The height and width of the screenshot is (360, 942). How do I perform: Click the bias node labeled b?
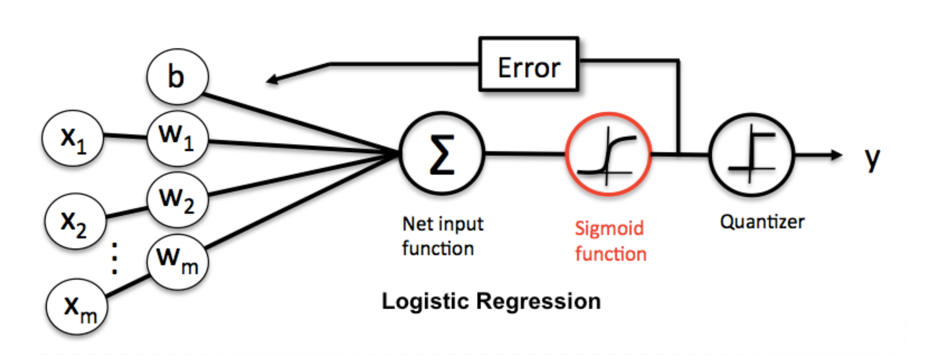(177, 77)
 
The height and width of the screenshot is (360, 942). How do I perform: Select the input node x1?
(72, 138)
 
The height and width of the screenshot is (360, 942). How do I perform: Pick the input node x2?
(75, 222)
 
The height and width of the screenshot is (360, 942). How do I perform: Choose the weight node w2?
(177, 200)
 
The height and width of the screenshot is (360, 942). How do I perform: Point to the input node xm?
(77, 307)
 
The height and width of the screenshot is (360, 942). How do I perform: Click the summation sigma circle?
(442, 154)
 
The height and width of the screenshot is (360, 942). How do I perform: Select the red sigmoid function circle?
(608, 154)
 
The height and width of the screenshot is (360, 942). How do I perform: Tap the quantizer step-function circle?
(752, 155)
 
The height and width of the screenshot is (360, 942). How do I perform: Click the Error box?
(529, 64)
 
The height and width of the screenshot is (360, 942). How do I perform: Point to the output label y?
(872, 158)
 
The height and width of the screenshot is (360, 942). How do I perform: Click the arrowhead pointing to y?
(836, 155)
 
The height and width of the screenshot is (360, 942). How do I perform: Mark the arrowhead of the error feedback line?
(272, 80)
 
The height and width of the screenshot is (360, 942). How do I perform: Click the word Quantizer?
(762, 222)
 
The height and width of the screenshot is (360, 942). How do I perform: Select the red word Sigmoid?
(609, 229)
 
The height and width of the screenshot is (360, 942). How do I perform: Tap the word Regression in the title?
(538, 301)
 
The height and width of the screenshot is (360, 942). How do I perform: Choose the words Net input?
(442, 224)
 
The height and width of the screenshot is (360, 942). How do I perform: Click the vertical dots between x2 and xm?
(114, 259)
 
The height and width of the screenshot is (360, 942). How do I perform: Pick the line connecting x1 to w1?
(125, 137)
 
